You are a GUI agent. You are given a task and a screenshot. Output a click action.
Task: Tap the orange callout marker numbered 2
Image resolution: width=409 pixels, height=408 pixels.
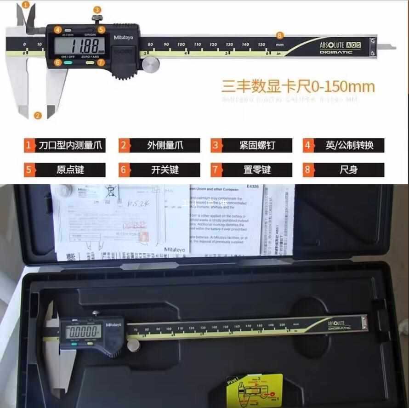point(38,115)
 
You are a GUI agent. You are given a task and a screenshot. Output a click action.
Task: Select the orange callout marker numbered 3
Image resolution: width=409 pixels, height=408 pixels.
point(97,10)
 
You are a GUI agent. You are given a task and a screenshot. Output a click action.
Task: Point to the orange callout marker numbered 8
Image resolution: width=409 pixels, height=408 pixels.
point(280,35)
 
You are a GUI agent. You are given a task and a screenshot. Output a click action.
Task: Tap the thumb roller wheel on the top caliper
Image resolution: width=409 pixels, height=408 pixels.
point(148,66)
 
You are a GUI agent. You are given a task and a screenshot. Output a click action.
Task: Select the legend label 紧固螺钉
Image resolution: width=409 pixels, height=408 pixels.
point(256,146)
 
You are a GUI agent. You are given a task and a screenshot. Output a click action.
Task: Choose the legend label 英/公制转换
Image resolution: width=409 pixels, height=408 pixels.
point(349,146)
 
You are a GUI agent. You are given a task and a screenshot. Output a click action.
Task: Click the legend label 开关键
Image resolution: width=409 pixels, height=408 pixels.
point(164,170)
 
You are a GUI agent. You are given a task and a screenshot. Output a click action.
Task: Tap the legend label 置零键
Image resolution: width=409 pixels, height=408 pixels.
point(256,170)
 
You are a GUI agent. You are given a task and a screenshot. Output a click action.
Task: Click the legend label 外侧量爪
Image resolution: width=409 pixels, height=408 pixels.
point(164,146)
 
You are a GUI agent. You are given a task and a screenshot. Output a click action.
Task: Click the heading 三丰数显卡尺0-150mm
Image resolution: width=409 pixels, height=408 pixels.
point(298,86)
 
